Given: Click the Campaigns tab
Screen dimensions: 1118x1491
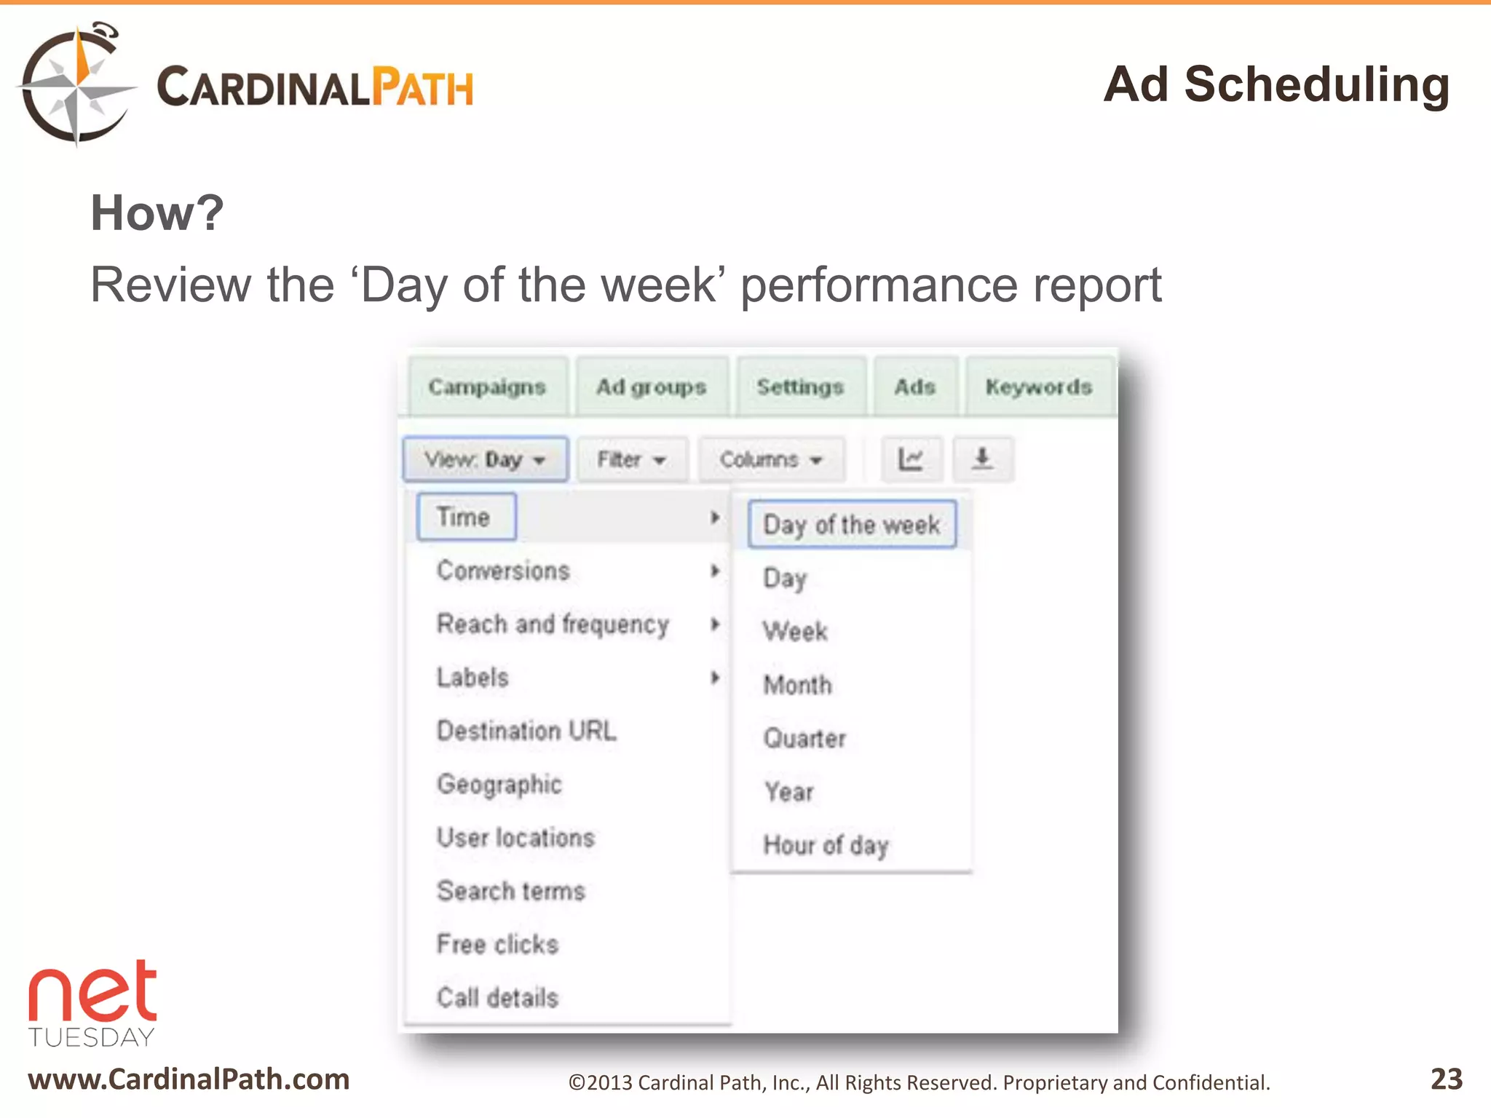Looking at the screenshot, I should (x=487, y=386).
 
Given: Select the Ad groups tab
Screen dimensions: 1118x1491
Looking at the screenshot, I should (x=652, y=386).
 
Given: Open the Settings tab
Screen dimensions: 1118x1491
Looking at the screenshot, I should (x=800, y=386).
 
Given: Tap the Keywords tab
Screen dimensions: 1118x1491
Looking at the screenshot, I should (x=1039, y=386).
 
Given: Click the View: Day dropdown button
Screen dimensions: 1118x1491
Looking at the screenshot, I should (x=485, y=459).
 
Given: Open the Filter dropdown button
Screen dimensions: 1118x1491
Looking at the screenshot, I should (x=631, y=459).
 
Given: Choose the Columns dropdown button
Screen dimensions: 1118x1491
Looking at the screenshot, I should (x=771, y=459).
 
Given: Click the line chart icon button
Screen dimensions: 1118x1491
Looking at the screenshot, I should (x=911, y=459).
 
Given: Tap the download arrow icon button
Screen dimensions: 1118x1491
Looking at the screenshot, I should (x=982, y=459).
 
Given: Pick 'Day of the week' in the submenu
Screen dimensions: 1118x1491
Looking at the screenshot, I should (x=851, y=524).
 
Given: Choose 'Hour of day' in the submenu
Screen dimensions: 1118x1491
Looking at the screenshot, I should (x=826, y=845).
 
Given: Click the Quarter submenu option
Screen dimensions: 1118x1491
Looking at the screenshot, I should (x=804, y=738).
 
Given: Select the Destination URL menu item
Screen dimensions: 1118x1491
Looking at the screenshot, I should (x=526, y=730).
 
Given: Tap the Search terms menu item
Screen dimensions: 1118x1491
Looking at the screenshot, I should (x=511, y=891).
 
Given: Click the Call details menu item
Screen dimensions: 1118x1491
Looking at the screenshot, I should (x=498, y=997).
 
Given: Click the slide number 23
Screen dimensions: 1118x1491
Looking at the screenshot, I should (x=1446, y=1079).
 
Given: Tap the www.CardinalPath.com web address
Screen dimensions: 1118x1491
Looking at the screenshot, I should (x=189, y=1079).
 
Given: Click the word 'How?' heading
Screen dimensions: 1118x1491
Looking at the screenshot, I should (x=157, y=213).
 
